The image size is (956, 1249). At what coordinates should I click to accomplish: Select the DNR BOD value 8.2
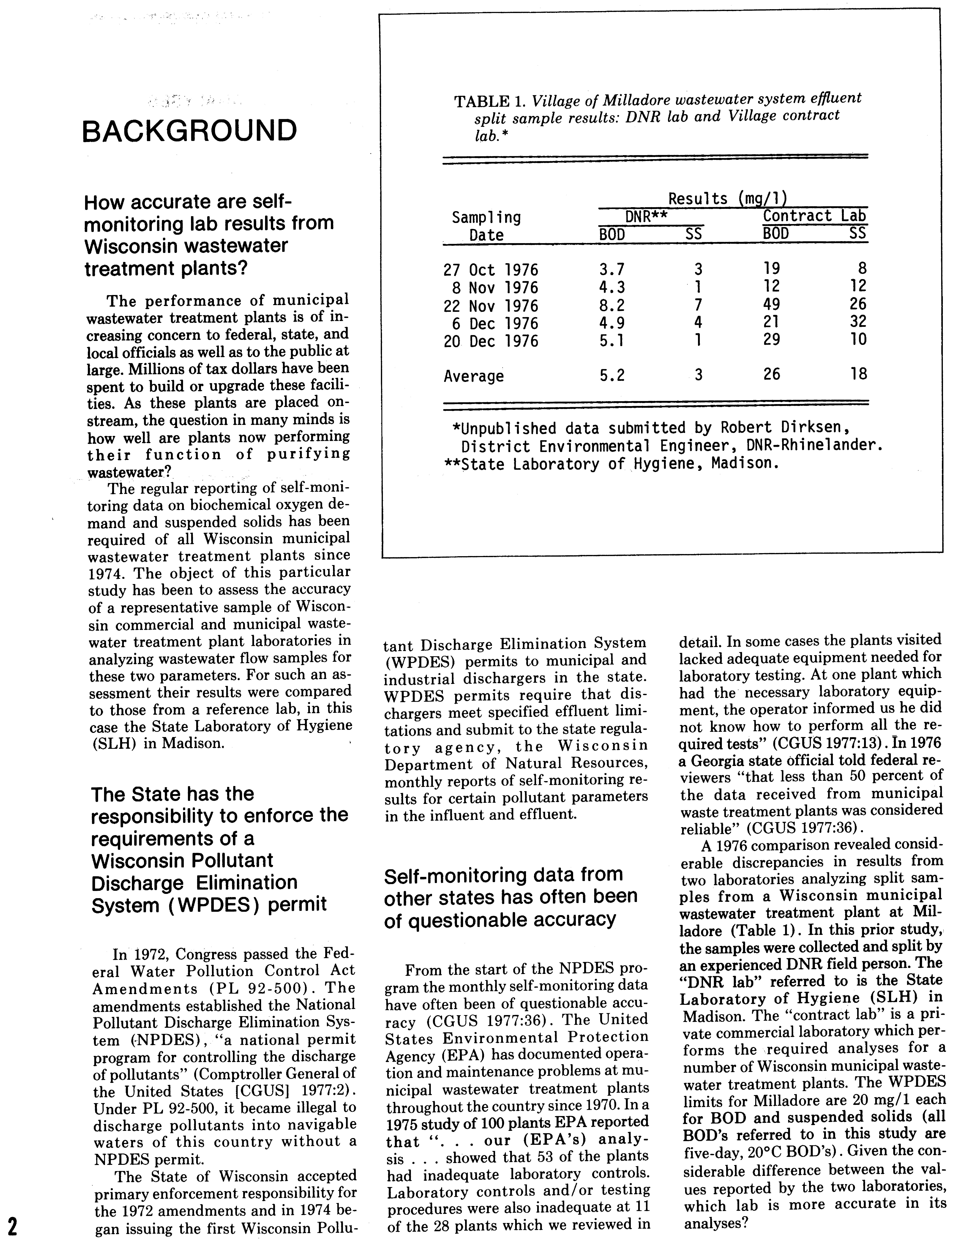pyautogui.click(x=612, y=306)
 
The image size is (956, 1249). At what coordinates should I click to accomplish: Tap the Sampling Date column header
pyautogui.click(x=486, y=226)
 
